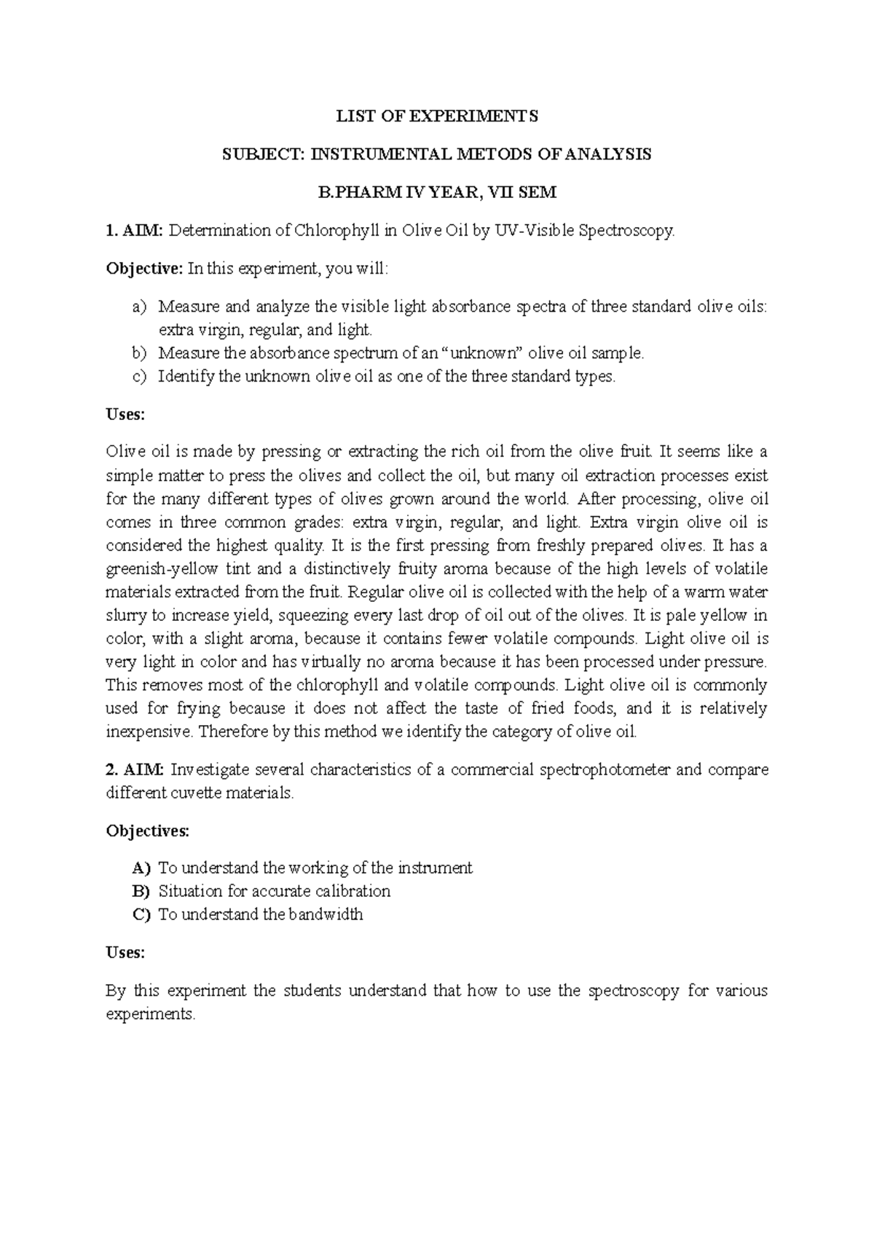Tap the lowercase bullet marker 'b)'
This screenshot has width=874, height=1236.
click(x=139, y=354)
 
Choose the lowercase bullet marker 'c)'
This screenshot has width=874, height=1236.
click(x=139, y=377)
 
